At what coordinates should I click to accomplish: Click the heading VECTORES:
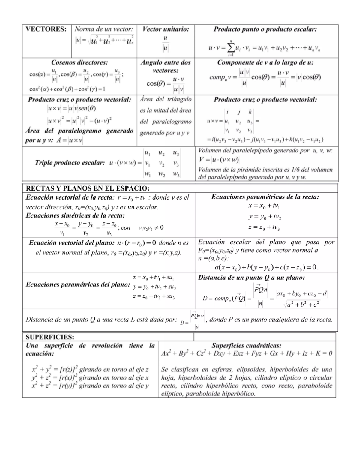tap(46, 29)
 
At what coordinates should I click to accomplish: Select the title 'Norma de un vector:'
tap(104, 29)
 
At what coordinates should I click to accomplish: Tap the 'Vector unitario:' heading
tap(166, 29)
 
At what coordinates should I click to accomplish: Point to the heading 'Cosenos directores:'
tap(79, 62)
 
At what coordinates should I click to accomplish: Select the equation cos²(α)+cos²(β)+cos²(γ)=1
tap(67, 89)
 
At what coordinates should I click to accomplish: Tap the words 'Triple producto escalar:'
tap(70, 163)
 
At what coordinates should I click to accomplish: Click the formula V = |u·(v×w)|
tap(219, 160)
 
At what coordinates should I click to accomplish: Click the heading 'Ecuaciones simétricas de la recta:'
tap(75, 215)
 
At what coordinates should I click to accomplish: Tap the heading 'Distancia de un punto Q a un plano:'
tap(251, 278)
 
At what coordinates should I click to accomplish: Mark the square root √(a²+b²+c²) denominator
tap(301, 305)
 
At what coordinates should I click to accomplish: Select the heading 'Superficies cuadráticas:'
tap(247, 346)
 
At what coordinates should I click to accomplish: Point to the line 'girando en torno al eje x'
tap(114, 378)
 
